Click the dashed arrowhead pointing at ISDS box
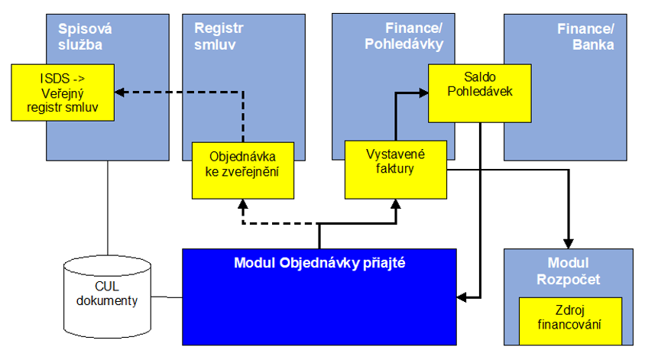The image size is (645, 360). (x=120, y=92)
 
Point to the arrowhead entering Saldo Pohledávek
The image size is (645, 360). (x=423, y=93)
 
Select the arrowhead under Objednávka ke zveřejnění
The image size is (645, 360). (x=242, y=205)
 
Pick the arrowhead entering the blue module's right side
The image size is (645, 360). (x=461, y=295)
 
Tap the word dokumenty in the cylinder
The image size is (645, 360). (x=112, y=300)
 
